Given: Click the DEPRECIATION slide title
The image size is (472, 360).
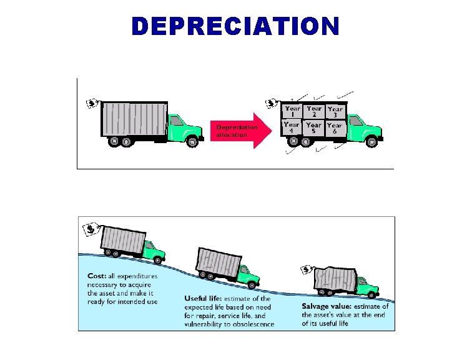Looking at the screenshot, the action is pyautogui.click(x=235, y=26).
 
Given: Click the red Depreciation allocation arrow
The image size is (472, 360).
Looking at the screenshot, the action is pyautogui.click(x=240, y=131).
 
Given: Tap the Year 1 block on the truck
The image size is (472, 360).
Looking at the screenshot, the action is pyautogui.click(x=292, y=111).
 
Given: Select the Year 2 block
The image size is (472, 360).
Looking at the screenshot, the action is pyautogui.click(x=314, y=111).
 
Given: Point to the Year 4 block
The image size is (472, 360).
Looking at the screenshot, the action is pyautogui.click(x=292, y=127).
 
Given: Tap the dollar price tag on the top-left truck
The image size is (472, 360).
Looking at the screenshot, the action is pyautogui.click(x=91, y=103).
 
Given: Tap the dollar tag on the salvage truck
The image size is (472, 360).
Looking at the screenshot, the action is pyautogui.click(x=307, y=270).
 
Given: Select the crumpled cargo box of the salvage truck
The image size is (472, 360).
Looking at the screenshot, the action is pyautogui.click(x=338, y=279).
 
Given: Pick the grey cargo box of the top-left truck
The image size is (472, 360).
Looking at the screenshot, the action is pyautogui.click(x=133, y=117).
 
